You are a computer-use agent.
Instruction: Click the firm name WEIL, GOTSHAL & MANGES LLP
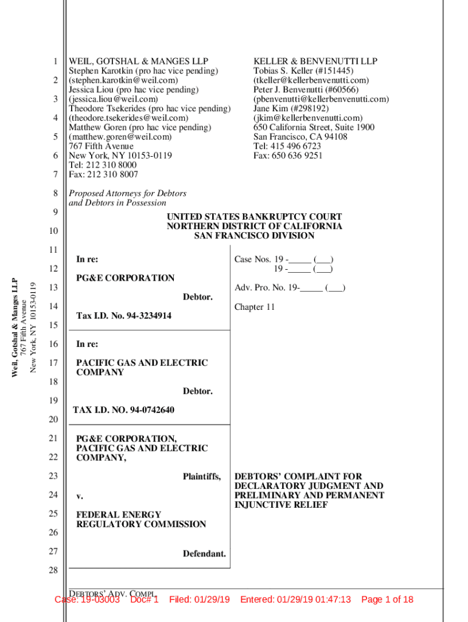[x=139, y=61]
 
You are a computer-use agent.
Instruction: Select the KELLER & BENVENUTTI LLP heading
[x=315, y=61]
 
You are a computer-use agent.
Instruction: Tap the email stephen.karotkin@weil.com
[x=123, y=80]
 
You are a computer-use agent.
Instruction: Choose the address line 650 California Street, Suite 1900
[x=314, y=128]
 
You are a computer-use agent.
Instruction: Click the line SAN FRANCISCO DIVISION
[x=254, y=236]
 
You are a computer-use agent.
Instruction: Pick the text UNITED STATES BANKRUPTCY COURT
[x=254, y=217]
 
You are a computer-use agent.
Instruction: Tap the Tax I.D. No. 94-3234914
[x=124, y=316]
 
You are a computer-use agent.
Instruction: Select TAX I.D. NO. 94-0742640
[x=123, y=410]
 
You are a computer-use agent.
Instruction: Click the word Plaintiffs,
[x=202, y=477]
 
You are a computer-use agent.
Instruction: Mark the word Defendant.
[x=204, y=553]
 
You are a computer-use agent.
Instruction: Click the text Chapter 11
[x=255, y=307]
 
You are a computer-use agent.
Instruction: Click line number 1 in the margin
[x=55, y=61]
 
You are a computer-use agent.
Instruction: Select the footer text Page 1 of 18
[x=387, y=600]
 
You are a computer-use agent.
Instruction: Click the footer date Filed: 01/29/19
[x=199, y=600]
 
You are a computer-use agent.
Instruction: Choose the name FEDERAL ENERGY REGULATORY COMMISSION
[x=141, y=519]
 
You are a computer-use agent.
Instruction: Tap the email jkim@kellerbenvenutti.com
[x=300, y=118]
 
